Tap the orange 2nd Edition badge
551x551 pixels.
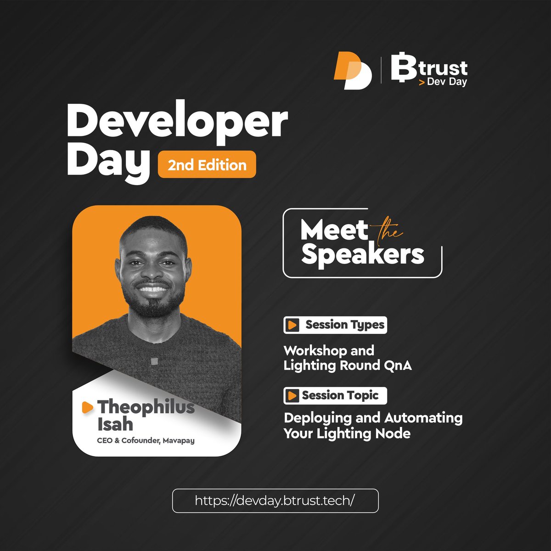point(207,164)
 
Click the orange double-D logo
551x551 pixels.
point(352,70)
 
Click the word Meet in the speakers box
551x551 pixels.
point(334,230)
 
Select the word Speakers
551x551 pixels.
point(362,255)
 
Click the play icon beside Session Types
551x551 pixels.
point(292,325)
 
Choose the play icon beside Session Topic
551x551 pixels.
point(291,395)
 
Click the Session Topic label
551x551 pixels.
point(340,395)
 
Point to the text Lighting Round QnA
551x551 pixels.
point(347,365)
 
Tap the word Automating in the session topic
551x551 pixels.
point(423,418)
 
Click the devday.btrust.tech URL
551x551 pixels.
point(275,500)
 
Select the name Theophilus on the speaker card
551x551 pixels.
point(146,407)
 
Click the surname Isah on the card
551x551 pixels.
point(115,424)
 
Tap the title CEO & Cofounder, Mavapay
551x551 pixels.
point(146,441)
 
